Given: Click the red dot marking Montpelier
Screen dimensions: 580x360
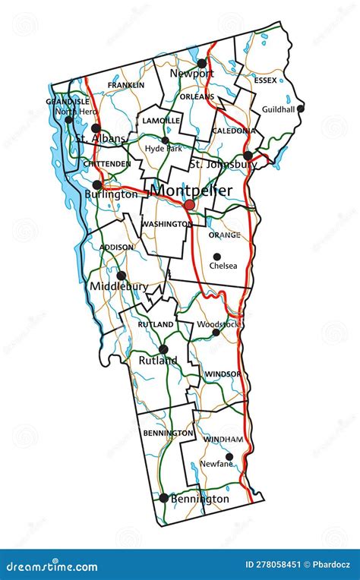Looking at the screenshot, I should tap(189, 205).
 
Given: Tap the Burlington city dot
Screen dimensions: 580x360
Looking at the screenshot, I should tap(97, 184).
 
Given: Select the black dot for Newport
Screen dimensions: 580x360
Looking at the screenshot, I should tap(201, 64).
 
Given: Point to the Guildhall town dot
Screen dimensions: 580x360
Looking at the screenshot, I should tap(300, 109).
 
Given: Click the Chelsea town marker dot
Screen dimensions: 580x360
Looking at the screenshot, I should tap(216, 257).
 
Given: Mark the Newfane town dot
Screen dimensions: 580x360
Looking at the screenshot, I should tap(229, 456).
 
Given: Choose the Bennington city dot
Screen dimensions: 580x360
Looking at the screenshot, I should tap(163, 498).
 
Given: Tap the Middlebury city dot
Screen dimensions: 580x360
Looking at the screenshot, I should tap(121, 276).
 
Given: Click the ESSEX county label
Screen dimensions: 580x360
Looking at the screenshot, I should tap(266, 80).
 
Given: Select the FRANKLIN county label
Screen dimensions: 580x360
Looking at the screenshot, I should tap(126, 85).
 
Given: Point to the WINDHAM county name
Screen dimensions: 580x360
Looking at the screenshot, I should tap(223, 440).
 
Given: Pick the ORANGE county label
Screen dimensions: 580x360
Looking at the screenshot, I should tap(224, 235).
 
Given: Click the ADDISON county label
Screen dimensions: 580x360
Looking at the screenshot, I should tap(117, 247).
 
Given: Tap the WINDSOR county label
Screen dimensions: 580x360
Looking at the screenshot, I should tap(223, 374).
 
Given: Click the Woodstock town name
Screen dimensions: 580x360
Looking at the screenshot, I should tap(218, 324).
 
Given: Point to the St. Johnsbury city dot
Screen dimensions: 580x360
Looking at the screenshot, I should tap(248, 156).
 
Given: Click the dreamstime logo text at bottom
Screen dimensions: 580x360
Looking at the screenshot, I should tap(52, 567).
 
